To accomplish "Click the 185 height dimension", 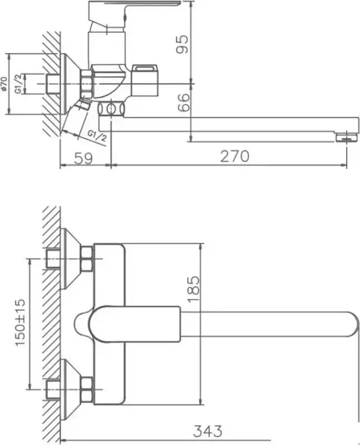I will pos(193,288).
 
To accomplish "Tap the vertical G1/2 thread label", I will pos(18,84).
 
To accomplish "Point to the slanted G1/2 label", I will pos(96,134).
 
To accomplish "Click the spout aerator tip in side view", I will pos(347,136).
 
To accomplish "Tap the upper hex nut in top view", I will pos(86,259).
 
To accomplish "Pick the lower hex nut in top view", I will pos(86,389).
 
